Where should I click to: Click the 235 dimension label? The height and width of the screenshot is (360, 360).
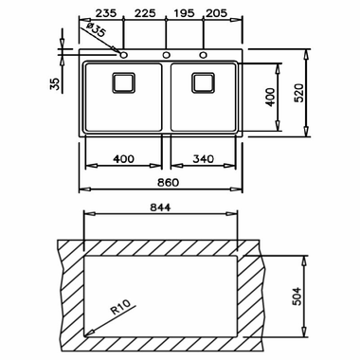[x=106, y=13]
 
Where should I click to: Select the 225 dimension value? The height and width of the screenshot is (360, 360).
[x=145, y=13]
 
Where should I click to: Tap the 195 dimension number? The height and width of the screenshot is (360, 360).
[x=184, y=13]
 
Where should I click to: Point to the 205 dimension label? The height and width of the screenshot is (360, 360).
[x=216, y=13]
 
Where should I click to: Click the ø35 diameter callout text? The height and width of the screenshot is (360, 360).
[x=95, y=29]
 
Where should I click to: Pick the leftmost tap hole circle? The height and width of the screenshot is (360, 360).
[x=123, y=55]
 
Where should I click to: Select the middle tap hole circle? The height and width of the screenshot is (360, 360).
[x=166, y=55]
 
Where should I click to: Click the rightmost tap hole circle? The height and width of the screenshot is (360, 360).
[x=204, y=55]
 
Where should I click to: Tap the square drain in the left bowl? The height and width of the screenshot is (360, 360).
[x=123, y=82]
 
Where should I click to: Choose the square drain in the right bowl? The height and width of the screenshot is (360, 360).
[x=204, y=82]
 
